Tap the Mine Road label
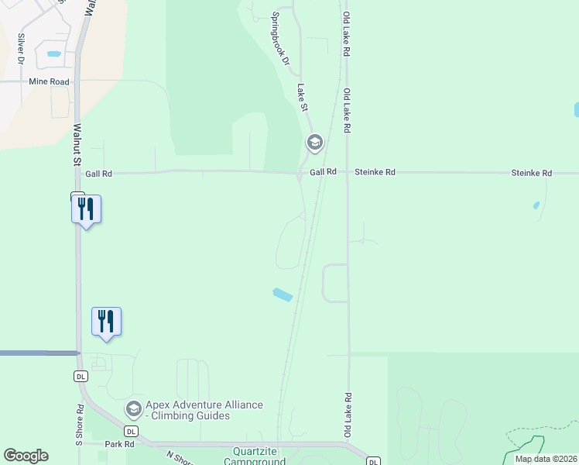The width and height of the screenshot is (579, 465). pos(49,81)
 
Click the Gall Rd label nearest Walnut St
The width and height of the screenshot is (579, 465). pos(98,174)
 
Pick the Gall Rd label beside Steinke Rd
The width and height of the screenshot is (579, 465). pos(323,172)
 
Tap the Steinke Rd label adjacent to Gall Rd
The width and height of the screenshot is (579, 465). pos(375,172)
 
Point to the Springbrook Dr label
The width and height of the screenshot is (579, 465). pos(280,39)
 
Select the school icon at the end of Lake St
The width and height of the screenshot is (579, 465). pos(314,143)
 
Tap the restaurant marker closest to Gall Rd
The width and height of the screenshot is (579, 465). pos(86,209)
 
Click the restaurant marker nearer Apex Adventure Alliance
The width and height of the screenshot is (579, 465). pos(107,322)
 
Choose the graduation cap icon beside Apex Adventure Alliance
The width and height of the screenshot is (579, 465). pos(133,408)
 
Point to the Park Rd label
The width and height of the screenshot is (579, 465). pos(120,444)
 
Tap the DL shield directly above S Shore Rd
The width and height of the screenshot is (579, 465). pos(80,377)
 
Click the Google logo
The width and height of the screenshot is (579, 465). pos(26,456)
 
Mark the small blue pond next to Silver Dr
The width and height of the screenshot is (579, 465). pos(53,54)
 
